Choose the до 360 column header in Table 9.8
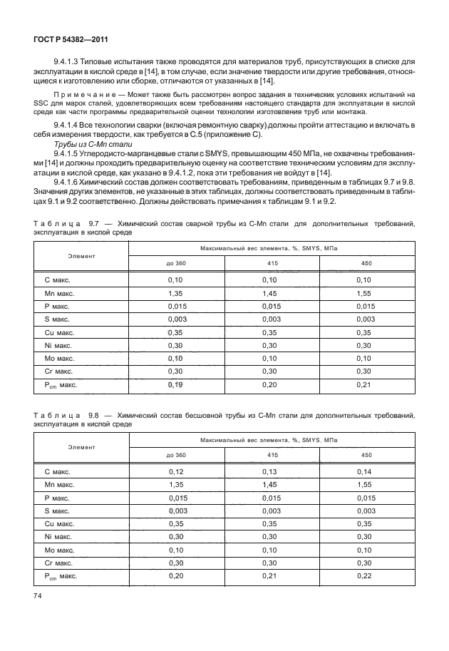pos(175,454)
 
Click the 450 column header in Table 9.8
pos(366,454)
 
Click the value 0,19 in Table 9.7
pos(175,384)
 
